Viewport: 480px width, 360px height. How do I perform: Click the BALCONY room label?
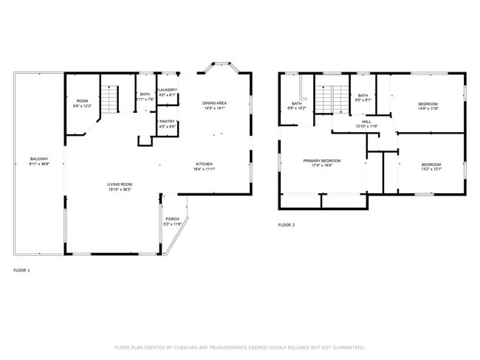pos(39,159)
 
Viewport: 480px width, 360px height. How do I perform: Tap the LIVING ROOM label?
pos(119,184)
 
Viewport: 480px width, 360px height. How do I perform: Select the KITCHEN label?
pos(205,164)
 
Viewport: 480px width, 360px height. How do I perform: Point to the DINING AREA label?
pos(214,103)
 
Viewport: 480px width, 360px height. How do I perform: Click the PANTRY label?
pos(168,121)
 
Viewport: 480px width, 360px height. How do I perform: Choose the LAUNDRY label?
pos(168,90)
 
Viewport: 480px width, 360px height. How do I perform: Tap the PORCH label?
pos(172,219)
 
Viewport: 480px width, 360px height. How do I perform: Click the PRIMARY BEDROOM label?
pos(322,160)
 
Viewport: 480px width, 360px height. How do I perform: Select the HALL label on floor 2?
pos(366,121)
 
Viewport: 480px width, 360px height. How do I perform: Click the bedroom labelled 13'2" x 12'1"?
pos(431,164)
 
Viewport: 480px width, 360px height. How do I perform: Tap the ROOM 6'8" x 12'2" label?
pos(82,101)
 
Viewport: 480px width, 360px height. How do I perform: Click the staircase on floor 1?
pos(109,98)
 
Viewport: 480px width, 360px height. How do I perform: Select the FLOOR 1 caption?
pos(22,271)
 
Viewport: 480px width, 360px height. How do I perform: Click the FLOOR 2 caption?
pos(287,224)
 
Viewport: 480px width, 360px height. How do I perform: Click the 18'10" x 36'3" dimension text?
pos(119,190)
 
